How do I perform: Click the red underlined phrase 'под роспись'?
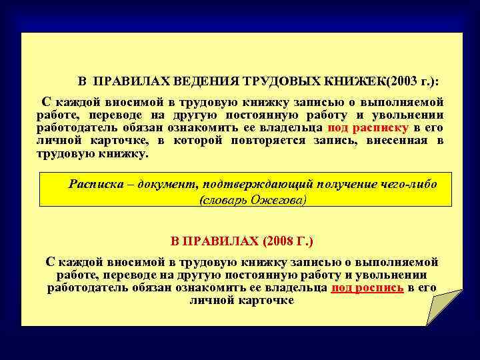367,288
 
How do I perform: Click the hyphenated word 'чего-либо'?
408,184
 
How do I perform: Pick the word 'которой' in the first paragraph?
198,140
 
